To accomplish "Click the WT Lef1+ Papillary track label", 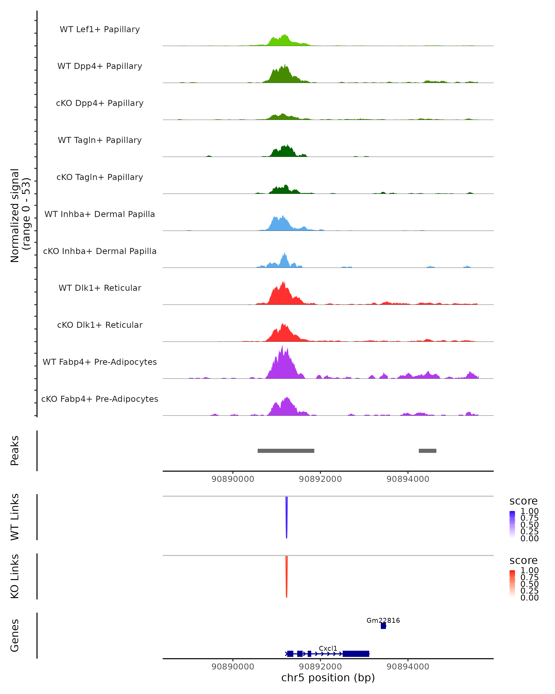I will coord(100,29).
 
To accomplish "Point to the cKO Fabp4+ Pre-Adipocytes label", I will coord(100,399).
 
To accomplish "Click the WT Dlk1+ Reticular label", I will coord(100,288).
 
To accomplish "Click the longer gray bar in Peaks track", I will coord(286,451).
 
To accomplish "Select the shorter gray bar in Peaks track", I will coord(427,451).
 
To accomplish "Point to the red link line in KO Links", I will coord(286,576).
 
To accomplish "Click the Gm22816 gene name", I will coord(383,620).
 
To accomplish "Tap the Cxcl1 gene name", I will coord(328,648).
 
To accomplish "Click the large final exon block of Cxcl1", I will coord(356,654).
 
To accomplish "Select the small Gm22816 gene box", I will coord(383,626).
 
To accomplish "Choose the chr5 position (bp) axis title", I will coord(328,678).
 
